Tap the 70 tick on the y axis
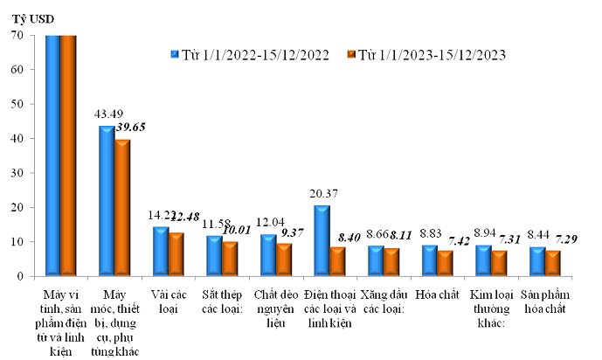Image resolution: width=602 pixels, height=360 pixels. tap(17, 35)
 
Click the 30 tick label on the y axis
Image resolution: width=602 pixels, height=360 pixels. tap(17, 173)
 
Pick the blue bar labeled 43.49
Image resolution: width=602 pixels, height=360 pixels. tap(107, 201)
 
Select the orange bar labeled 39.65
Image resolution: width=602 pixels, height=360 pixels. tap(121, 208)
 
